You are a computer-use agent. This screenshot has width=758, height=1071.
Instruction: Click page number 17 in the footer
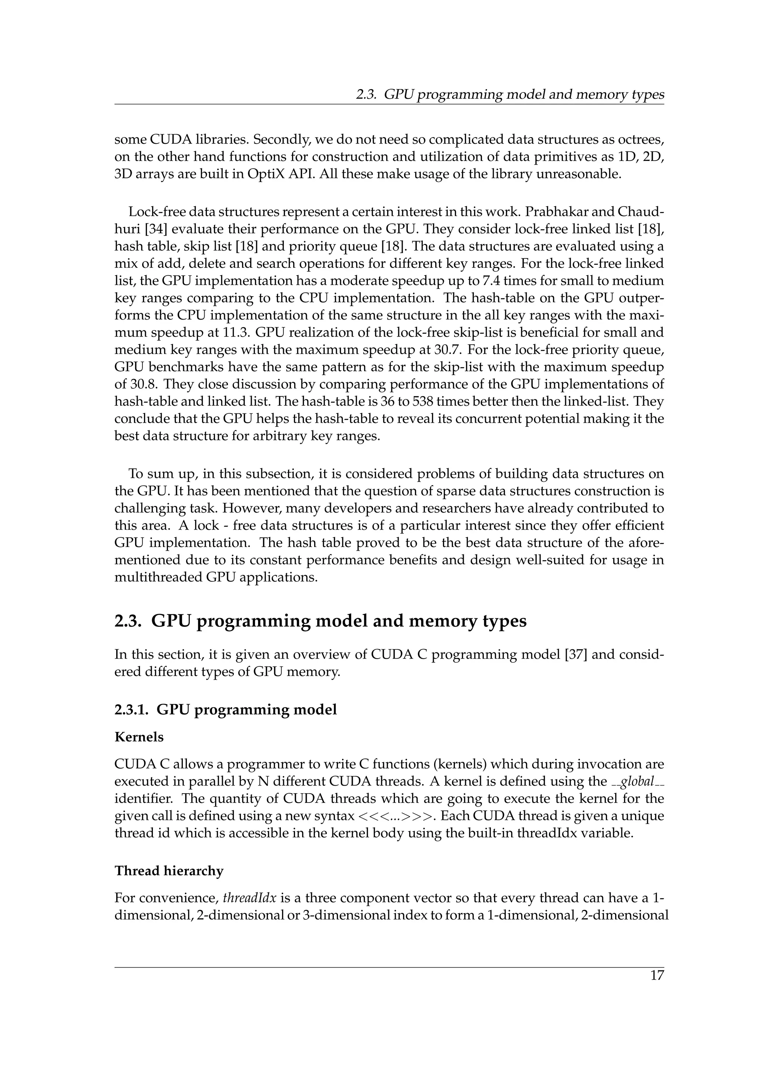click(x=657, y=975)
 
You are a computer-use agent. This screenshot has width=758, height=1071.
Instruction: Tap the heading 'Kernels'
click(x=139, y=737)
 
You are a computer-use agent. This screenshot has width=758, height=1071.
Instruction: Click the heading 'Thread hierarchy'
click(x=169, y=871)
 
